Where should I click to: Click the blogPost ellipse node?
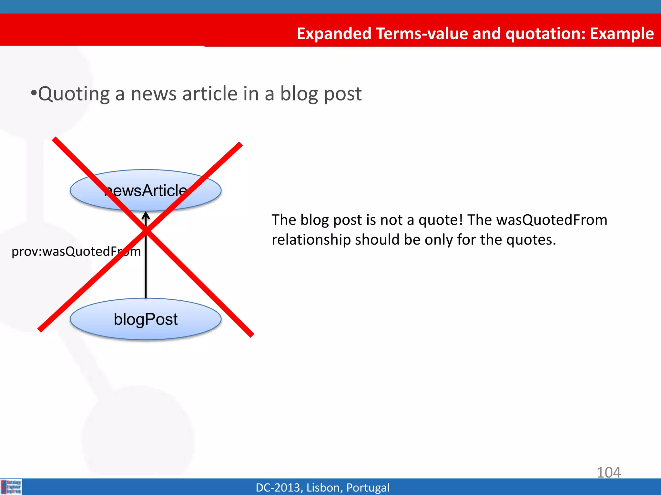(x=146, y=319)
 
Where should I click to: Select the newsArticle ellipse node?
(x=146, y=190)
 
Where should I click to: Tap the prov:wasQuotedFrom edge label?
(x=76, y=251)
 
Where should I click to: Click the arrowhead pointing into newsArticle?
(x=146, y=215)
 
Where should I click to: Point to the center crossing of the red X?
(x=146, y=230)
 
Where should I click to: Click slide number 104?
(x=608, y=472)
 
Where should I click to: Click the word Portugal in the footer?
(x=368, y=488)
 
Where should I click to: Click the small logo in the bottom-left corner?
(x=11, y=487)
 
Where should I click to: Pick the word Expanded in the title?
(x=334, y=34)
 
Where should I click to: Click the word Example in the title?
(x=622, y=34)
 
